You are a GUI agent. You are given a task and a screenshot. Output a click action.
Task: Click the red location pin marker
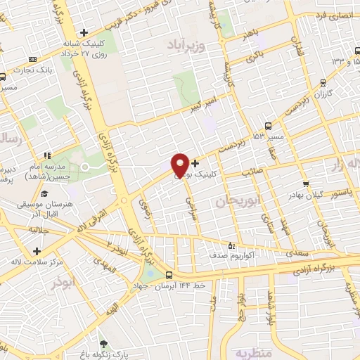[180, 165]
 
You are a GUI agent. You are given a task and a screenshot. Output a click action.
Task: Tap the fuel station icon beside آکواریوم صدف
[232, 246]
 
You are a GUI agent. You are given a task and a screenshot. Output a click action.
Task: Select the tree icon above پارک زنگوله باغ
[104, 343]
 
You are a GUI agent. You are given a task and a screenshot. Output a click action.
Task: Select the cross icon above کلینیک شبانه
[84, 32]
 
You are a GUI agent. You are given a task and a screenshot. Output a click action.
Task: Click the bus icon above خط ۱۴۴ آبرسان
[169, 275]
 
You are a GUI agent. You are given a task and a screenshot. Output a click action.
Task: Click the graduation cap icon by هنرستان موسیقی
[44, 193]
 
